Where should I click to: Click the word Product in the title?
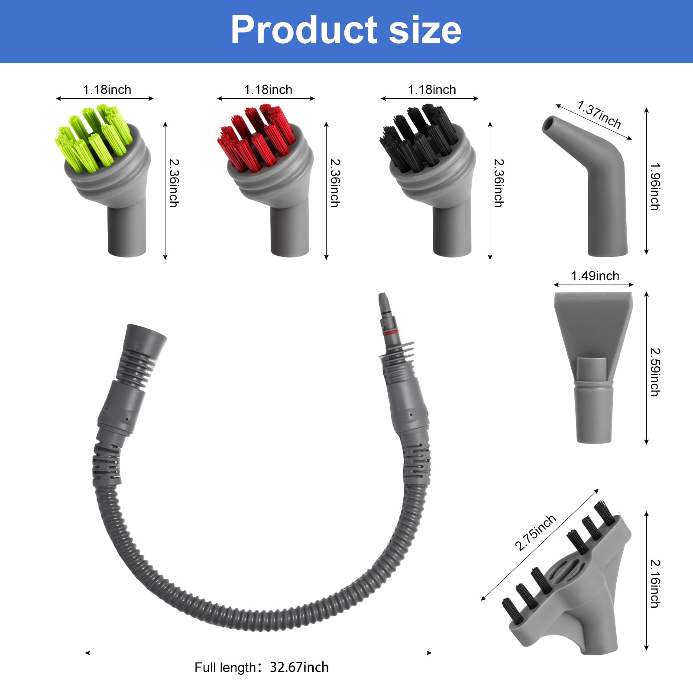click(304, 29)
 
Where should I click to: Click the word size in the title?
click(425, 29)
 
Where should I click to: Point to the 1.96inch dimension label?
click(655, 187)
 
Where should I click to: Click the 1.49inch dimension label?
click(595, 276)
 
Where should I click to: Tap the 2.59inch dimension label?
click(655, 372)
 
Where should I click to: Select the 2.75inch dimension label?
click(535, 533)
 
